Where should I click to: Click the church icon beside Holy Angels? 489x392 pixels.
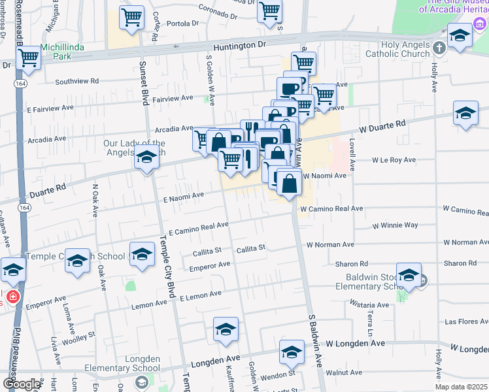(x=439, y=47)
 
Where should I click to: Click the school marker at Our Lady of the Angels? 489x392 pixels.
(x=147, y=159)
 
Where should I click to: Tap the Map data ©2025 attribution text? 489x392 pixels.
(x=462, y=387)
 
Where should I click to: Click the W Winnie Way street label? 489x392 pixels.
(x=394, y=225)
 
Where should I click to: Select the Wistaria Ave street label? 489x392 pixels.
(x=369, y=304)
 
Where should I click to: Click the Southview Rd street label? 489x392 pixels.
(x=76, y=82)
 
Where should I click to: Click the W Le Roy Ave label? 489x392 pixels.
(x=394, y=159)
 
